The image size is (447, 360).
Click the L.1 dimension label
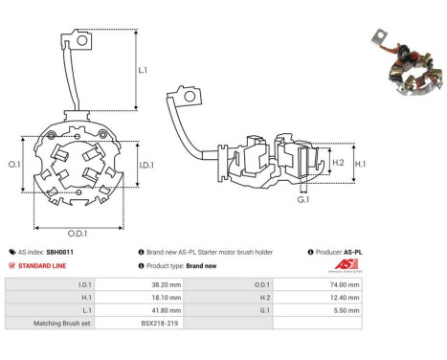coord(143,70)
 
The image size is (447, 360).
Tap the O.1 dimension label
coord(14,165)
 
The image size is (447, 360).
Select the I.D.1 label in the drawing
coord(146,165)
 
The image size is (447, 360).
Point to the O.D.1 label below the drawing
coord(78,234)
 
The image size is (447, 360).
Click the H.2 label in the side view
coord(338,163)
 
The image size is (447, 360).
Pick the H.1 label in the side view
coord(360,164)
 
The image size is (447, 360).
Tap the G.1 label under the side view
coord(303,199)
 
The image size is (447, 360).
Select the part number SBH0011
coord(59,252)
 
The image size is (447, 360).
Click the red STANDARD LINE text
coord(42,266)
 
